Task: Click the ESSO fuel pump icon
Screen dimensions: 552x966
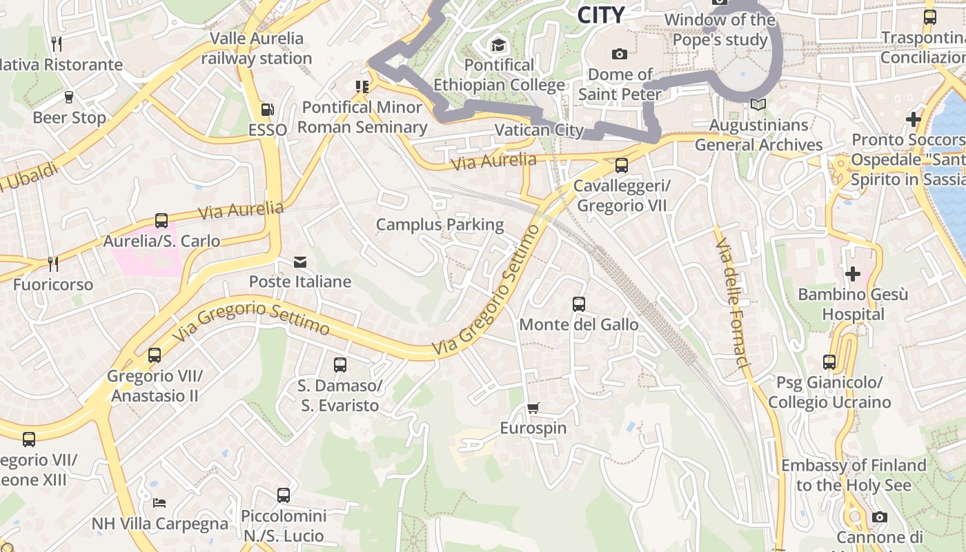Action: click(x=267, y=110)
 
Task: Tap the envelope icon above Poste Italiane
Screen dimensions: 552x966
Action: click(x=300, y=262)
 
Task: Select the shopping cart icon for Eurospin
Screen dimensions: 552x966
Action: click(x=533, y=408)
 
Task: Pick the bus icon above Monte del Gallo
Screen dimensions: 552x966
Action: click(x=579, y=304)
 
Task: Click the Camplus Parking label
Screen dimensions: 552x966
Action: click(x=440, y=225)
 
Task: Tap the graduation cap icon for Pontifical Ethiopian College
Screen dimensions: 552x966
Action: click(x=497, y=46)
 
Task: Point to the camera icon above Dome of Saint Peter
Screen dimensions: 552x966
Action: click(x=619, y=54)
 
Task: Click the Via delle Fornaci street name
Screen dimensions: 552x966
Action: click(x=732, y=304)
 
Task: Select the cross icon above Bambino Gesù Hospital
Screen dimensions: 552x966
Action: click(x=853, y=274)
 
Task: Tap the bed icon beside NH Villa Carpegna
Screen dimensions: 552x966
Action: click(x=159, y=502)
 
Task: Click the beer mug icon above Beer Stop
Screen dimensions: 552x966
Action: click(x=69, y=97)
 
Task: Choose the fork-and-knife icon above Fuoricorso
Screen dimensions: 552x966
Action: click(x=52, y=264)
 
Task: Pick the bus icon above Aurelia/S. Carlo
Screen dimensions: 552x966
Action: click(x=161, y=221)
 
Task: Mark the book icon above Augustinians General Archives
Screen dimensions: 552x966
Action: click(x=758, y=105)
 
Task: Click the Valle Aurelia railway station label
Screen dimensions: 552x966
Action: click(x=257, y=48)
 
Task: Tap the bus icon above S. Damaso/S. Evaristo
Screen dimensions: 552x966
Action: click(x=339, y=365)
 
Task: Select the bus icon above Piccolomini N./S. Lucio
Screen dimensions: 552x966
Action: click(x=284, y=495)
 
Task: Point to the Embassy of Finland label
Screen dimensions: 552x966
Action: click(x=853, y=475)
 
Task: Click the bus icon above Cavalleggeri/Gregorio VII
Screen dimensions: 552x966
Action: click(x=621, y=166)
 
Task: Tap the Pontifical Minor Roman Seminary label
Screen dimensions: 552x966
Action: click(x=362, y=117)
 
